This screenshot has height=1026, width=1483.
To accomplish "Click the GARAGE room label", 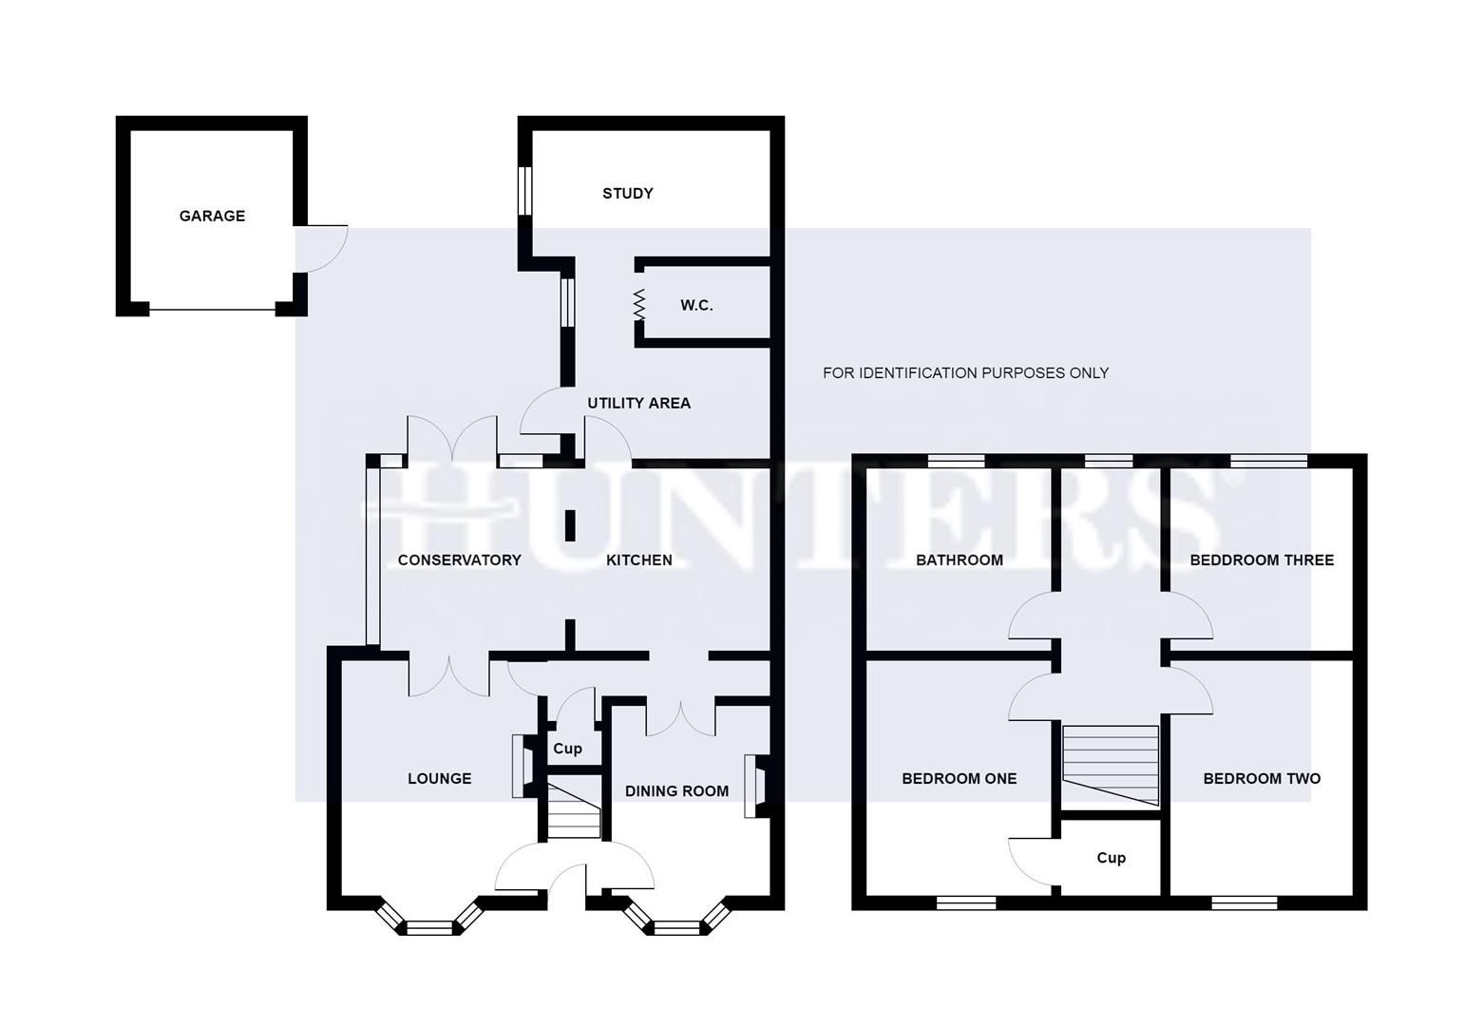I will pos(212,217).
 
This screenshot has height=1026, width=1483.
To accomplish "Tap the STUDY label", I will pos(627,194).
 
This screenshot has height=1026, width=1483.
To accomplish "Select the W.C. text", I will pos(696,306).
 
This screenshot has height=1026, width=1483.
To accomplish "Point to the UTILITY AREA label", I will pos(638,403).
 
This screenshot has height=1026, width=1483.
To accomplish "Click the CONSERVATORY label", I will pos(459,560).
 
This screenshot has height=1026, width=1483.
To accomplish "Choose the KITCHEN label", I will pos(638,560).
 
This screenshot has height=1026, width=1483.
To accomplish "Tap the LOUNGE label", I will pos(439,779).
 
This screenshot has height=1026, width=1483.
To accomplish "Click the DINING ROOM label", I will pos(675,791).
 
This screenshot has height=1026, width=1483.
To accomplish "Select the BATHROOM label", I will pos(959,560).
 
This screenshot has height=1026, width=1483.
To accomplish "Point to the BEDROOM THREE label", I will pos(1261,560).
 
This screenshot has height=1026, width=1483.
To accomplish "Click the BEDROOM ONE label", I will pos(959,779).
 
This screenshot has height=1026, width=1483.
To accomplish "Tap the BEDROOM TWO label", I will pos(1261,779).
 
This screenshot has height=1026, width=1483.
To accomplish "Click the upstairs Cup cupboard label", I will pos(1111,858).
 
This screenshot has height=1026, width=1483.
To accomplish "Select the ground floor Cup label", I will pos(567,749).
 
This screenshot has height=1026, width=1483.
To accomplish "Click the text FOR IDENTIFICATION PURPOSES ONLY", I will pos(965,373).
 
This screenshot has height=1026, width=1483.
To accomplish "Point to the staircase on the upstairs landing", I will pos(1111,765).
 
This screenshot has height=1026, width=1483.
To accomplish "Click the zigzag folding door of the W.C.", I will pos(639,305).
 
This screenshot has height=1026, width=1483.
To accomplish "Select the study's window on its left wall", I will pos(524,191).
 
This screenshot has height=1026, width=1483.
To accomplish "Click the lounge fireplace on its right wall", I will pos(521,766).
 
